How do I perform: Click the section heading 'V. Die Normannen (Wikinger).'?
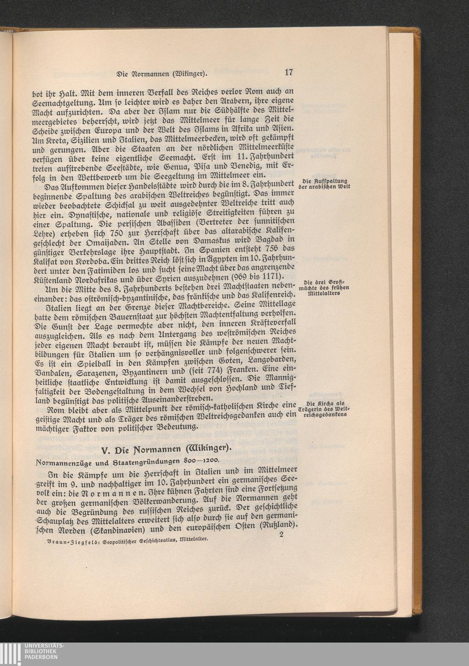166,449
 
